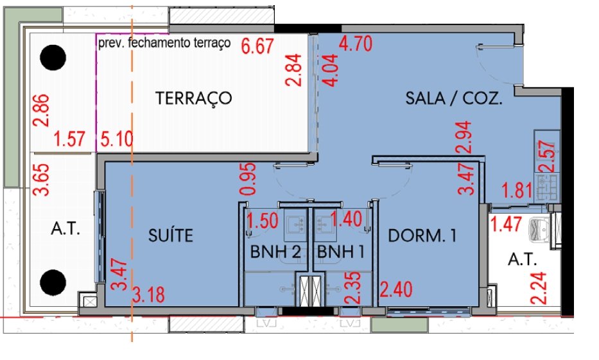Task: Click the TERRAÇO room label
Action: pos(194,98)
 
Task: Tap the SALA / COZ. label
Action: pos(453,98)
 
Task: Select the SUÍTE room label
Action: pos(171,235)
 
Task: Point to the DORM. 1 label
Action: pos(422,236)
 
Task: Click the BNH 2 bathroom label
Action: pos(275,252)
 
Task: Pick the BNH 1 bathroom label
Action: pos(341,252)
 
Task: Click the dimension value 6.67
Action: pos(257,46)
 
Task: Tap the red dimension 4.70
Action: pos(356,44)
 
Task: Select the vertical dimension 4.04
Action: pos(330,70)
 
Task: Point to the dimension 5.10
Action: pos(117,139)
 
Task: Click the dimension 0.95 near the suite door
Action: pos(248,178)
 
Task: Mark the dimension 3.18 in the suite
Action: pos(148,295)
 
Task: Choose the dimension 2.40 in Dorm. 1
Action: pos(396,289)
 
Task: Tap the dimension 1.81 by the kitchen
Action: pos(517,190)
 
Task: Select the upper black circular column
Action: pos(53,58)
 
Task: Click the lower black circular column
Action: pos(53,282)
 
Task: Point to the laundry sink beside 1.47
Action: pos(539,228)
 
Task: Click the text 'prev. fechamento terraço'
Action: pos(164,43)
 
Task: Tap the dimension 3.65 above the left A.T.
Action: pos(41,180)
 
